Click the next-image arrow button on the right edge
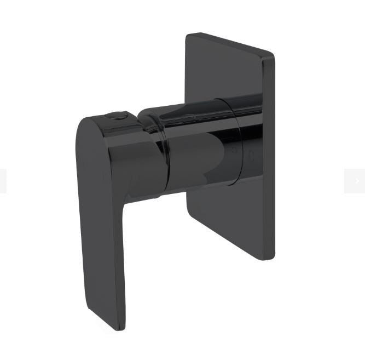(355, 181)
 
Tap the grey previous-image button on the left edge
(3, 181)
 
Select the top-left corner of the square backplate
(187, 36)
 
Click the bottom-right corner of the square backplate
(272, 258)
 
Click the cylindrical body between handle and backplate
(197, 148)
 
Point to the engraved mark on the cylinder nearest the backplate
(251, 154)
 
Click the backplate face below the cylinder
(230, 219)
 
